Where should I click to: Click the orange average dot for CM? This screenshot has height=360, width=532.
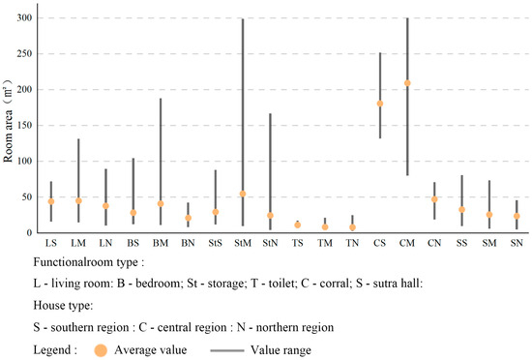(x=407, y=83)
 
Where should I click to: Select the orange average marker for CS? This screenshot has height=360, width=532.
(x=380, y=104)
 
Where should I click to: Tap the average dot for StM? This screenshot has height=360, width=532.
(x=243, y=195)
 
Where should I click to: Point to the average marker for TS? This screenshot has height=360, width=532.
(x=298, y=225)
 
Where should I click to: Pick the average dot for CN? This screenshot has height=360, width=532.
(x=434, y=199)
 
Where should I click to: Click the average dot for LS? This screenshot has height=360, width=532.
(x=51, y=201)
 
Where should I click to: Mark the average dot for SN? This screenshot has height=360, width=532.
(x=517, y=216)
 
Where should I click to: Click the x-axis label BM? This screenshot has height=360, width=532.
(x=161, y=243)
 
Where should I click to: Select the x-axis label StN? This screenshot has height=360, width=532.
(x=270, y=243)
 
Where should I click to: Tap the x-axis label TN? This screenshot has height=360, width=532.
(x=352, y=243)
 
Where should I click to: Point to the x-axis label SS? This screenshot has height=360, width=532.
(x=461, y=243)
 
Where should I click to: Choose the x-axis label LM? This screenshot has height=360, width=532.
(x=78, y=243)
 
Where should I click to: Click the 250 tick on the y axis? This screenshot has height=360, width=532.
(x=24, y=53)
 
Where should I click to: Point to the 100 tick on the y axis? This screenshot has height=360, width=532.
(x=24, y=162)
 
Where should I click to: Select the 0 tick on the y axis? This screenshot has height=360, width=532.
(x=30, y=233)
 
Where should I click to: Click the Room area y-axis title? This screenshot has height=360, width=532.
(x=8, y=121)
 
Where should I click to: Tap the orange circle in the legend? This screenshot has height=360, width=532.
(x=101, y=350)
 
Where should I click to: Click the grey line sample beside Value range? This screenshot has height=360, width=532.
(x=227, y=350)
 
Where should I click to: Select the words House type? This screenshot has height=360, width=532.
(x=63, y=306)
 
